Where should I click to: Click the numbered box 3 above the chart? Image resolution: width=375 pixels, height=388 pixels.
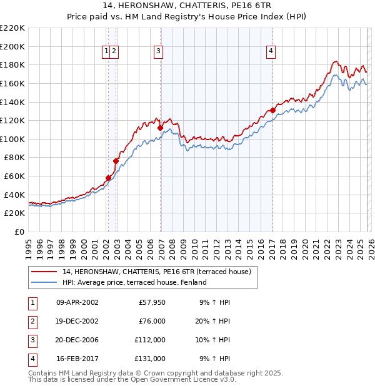point(158,52)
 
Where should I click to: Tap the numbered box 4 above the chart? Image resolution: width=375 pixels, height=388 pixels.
point(271,52)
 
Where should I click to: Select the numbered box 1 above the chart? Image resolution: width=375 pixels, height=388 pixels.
point(107,52)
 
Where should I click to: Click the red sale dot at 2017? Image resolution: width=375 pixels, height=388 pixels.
point(273,110)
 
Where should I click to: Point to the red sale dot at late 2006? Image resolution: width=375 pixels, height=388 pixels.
point(161,128)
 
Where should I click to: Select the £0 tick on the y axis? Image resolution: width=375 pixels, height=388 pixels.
point(19,232)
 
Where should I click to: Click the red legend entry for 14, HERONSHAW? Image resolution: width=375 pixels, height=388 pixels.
point(156,272)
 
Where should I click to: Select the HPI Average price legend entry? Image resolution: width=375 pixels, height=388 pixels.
point(134,282)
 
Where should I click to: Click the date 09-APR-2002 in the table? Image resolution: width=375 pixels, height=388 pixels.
point(77,302)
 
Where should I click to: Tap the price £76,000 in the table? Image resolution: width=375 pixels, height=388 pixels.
point(152,321)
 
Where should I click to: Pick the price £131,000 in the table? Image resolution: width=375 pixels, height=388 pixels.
point(150,359)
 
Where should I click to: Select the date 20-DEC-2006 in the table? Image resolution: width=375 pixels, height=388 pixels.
point(77,340)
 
